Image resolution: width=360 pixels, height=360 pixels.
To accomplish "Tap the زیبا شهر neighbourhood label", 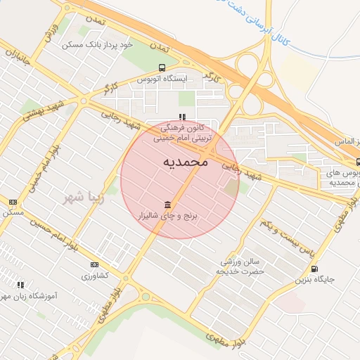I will point(83,197).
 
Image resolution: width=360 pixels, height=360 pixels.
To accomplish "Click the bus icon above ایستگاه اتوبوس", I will point(162,68).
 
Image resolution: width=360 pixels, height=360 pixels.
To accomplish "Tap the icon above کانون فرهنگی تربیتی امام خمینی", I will point(182,117).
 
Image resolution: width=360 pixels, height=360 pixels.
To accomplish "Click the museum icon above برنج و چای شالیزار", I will point(167,205).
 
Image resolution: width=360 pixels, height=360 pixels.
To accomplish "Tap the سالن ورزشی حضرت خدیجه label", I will point(239,265).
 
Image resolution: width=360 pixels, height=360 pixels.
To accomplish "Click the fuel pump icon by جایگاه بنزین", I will point(313,268).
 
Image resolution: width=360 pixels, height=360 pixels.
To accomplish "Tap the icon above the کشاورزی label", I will point(95,264).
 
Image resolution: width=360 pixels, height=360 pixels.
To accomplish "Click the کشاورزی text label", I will point(95,275).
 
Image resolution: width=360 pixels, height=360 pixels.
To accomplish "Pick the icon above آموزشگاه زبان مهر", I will point(20,285).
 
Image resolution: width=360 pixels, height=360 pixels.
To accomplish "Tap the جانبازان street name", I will point(17,60).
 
